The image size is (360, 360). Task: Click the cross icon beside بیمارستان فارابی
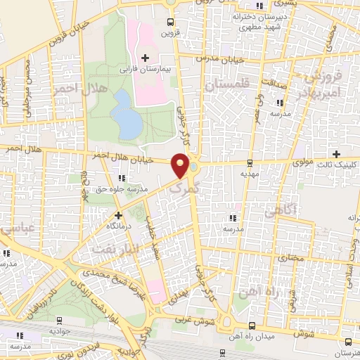pos(145,58)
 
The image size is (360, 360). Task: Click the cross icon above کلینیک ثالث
pos(336,154)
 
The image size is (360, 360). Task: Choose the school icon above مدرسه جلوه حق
pos(123,178)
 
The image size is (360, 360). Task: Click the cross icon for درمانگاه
pos(118,214)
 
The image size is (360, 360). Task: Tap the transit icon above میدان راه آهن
pos(252,324)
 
